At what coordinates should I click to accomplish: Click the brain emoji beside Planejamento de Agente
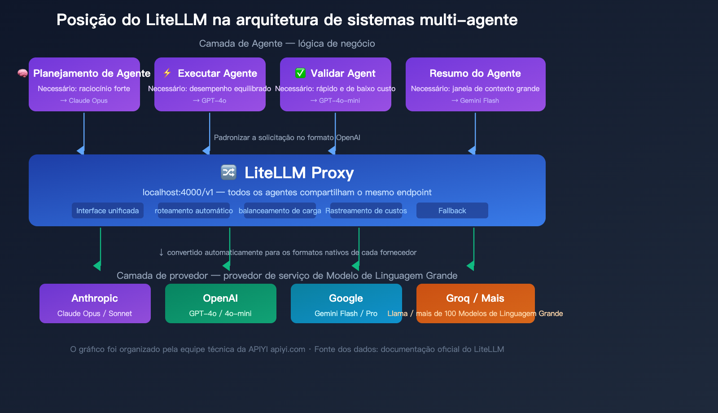coord(22,73)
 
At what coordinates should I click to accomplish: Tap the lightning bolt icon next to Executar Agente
coord(167,73)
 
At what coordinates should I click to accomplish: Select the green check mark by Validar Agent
coord(300,73)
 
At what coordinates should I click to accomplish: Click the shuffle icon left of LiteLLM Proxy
coord(228,172)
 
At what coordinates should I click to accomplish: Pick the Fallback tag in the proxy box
coord(452,211)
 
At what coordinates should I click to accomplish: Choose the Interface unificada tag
coord(107,211)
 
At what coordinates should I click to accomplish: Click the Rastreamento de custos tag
coord(366,211)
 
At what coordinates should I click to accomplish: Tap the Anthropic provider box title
coord(95,298)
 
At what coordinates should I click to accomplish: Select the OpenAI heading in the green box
coord(220,298)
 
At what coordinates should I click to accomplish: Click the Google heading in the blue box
coord(346,298)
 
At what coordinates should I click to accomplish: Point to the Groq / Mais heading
coord(475,298)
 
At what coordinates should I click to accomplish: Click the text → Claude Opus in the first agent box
coord(84,101)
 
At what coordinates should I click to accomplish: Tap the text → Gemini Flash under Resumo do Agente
coord(475,101)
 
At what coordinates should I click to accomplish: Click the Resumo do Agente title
coord(475,73)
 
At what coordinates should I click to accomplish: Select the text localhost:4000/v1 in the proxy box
coord(178,192)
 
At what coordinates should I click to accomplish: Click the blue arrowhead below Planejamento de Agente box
coord(81,150)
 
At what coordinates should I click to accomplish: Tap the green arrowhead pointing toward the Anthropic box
coord(97,266)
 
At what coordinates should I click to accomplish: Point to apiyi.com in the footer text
coord(288,349)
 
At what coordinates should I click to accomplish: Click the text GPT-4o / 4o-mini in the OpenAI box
coord(220,313)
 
